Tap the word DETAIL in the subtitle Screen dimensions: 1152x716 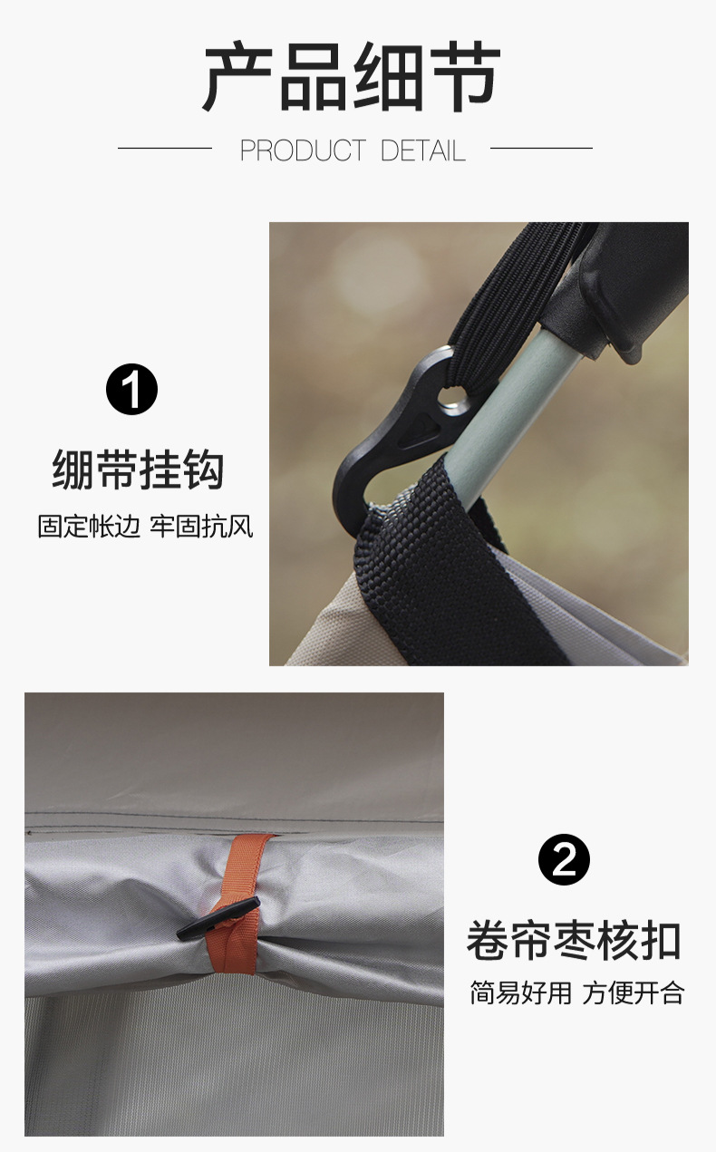click(423, 150)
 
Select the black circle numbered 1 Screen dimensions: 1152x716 click(131, 390)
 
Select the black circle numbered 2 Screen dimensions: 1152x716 click(564, 859)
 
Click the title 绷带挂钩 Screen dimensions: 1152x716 click(138, 470)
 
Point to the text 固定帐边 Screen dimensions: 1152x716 click(89, 527)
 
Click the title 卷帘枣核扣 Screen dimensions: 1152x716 click(573, 941)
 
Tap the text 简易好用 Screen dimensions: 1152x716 click(520, 992)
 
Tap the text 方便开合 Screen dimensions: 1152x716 click(633, 992)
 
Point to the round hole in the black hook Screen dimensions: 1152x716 click(450, 396)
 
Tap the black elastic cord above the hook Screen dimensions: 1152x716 click(508, 299)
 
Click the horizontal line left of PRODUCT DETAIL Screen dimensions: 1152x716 click(164, 148)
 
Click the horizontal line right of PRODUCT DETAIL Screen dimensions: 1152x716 click(540, 148)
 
